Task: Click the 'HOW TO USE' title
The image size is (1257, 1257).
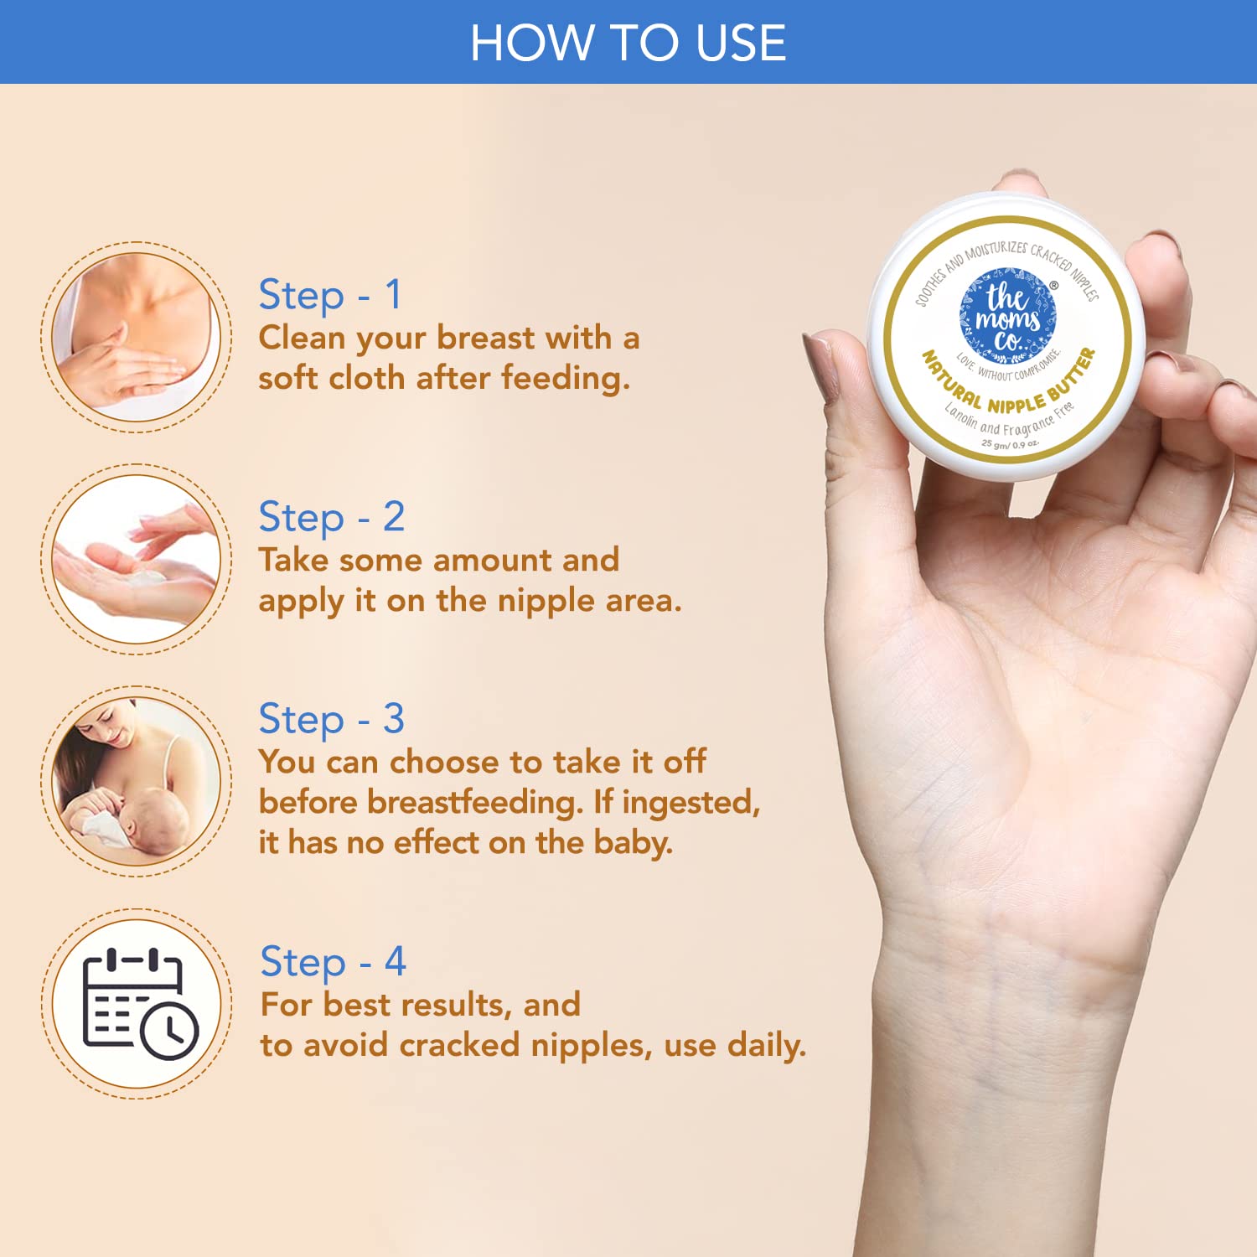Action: point(628,43)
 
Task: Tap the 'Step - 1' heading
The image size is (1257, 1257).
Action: point(330,296)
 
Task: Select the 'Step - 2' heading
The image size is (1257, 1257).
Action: point(332,518)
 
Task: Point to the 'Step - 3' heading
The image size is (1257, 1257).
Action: point(332,720)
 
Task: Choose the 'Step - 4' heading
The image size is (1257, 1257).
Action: point(334,962)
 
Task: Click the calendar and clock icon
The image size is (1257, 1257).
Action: point(139,1003)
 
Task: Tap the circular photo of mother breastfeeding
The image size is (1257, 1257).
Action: point(137,781)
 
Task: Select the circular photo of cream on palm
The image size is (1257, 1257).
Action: point(137,559)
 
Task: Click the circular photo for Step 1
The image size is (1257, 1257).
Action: point(137,337)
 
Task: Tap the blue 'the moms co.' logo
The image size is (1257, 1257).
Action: point(1008,316)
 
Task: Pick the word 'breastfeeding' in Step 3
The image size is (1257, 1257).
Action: point(475,802)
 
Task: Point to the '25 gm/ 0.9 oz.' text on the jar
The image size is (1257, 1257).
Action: point(1011,444)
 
